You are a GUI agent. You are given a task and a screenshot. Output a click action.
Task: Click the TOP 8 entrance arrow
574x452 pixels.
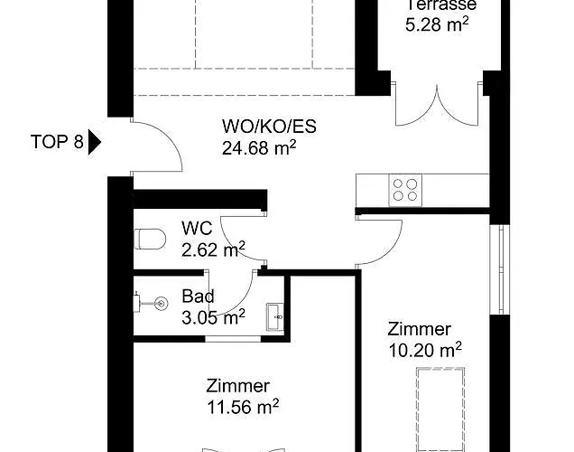(x=94, y=142)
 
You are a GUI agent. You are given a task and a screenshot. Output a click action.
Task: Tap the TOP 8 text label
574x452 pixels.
(x=57, y=142)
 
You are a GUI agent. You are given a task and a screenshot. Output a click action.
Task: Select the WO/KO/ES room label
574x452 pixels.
(x=269, y=127)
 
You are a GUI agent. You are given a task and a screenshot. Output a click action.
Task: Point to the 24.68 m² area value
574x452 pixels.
(x=259, y=147)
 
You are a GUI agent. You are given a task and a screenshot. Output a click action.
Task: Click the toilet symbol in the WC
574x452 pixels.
(x=150, y=239)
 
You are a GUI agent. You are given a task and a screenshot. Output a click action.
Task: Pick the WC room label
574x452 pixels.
(x=197, y=229)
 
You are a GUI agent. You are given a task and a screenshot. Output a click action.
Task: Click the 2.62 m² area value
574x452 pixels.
(x=213, y=250)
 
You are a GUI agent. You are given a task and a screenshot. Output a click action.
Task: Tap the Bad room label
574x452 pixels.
(x=198, y=297)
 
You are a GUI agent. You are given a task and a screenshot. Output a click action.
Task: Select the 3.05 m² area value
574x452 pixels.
(x=213, y=316)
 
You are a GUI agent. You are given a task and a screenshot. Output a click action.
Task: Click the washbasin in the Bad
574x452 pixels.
(x=275, y=317)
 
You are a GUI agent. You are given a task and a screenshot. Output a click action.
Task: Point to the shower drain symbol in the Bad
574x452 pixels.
(x=161, y=303)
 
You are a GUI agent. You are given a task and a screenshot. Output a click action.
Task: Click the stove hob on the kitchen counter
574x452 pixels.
(x=405, y=190)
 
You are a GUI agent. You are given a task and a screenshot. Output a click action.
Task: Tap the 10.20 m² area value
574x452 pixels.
(x=425, y=351)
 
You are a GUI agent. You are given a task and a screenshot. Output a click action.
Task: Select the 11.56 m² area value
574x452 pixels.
(x=243, y=407)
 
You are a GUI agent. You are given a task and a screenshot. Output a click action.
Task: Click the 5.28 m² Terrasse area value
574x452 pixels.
(x=437, y=25)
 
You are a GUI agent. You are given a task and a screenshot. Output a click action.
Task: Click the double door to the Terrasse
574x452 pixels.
(x=437, y=105)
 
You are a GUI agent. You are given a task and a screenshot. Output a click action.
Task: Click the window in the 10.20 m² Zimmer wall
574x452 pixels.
(x=499, y=269)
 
